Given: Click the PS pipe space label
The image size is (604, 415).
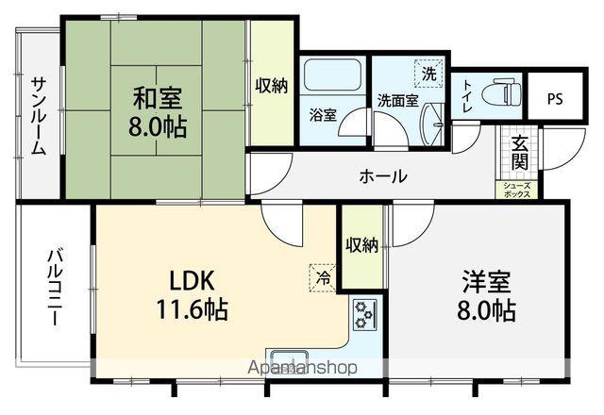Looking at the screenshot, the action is point(555,99).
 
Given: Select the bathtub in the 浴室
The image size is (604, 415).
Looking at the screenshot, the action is point(332,75).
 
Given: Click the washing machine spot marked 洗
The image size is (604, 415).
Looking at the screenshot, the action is point(428,74).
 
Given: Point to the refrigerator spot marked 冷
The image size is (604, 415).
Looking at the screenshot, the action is point(323,278).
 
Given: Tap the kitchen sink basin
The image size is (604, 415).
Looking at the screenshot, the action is point(289,361).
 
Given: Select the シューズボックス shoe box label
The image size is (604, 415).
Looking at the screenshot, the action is point(517,190).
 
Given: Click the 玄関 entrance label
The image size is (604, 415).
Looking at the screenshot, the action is point(519,153).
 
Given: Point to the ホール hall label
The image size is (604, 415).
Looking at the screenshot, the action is point(383,176).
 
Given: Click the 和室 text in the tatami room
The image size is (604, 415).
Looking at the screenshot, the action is point(158,97).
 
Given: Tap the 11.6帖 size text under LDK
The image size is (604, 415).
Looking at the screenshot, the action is point(192,308).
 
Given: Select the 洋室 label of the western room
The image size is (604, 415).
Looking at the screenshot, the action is point(487,282).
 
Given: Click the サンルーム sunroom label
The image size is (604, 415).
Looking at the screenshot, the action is point(39,116).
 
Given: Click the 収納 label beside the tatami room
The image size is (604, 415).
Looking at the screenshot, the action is point(272,85).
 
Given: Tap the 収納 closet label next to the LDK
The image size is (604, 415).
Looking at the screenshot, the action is point(361,245).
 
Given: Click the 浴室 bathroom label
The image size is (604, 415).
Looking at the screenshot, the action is point(324,115).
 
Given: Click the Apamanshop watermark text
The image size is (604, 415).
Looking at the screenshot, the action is point(302,368).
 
